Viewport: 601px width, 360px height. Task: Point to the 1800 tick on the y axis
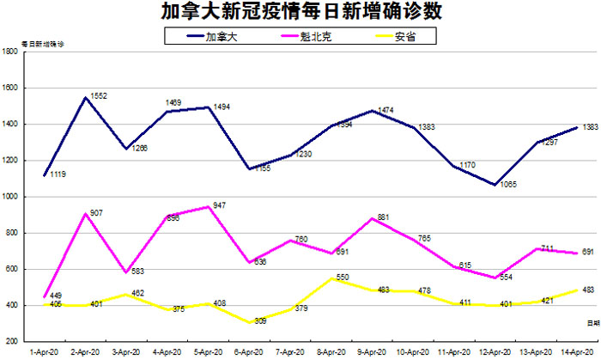(11, 52)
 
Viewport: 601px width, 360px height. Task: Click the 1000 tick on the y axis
(11, 197)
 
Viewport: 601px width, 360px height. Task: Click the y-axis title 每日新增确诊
(43, 43)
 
